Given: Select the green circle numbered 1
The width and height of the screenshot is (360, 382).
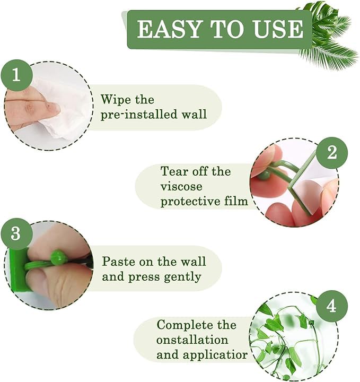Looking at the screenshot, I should (16, 75).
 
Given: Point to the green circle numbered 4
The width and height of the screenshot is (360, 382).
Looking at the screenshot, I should (331, 307).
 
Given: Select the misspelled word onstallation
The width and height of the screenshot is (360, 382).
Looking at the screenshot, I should (192, 340).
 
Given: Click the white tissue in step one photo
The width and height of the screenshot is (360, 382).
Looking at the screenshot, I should (69, 106).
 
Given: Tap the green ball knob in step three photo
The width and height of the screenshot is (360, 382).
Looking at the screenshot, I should (58, 258).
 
